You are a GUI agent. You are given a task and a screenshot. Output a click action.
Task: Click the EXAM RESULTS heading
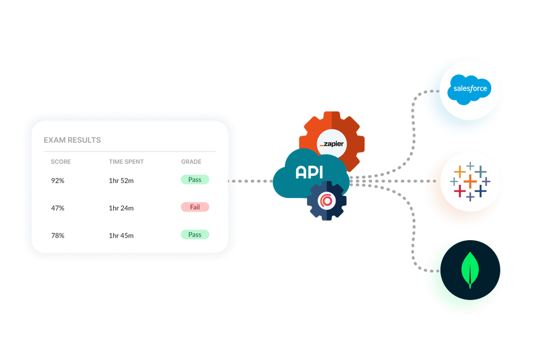(x=72, y=140)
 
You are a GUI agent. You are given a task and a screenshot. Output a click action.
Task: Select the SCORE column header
(x=60, y=162)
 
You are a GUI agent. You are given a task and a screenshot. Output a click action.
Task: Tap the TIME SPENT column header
(x=126, y=162)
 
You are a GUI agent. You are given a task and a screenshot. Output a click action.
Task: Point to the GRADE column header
(x=191, y=162)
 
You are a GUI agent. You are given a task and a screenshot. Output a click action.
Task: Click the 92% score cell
(x=58, y=181)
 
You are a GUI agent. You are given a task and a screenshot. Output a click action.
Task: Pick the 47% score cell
(x=58, y=208)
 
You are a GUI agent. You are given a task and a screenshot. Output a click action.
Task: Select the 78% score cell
(x=58, y=235)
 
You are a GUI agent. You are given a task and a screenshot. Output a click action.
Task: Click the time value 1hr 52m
(x=121, y=181)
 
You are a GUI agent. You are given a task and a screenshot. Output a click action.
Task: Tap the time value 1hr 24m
(x=121, y=208)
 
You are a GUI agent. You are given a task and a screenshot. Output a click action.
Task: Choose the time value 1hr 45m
(x=121, y=235)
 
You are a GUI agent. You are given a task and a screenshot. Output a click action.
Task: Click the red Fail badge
(x=195, y=207)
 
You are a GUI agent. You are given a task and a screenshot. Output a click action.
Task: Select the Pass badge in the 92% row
(x=195, y=179)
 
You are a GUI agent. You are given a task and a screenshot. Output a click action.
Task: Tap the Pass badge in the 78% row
(x=195, y=234)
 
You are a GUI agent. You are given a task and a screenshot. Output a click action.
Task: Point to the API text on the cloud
(x=310, y=172)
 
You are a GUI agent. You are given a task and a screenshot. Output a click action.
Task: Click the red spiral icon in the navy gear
(x=327, y=201)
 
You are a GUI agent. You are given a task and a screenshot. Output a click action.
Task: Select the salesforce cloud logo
(x=470, y=88)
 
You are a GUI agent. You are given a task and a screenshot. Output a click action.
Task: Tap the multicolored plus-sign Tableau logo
(x=470, y=181)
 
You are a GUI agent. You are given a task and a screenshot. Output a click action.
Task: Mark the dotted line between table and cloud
(x=251, y=181)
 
